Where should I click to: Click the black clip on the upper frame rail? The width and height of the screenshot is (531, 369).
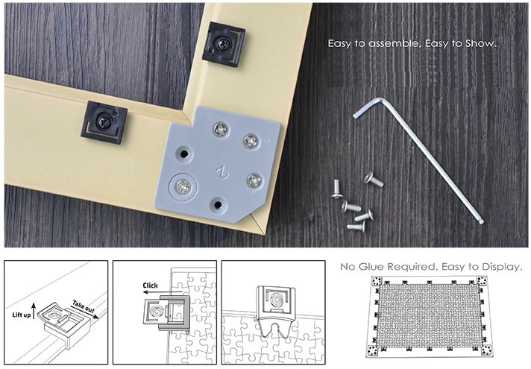223,44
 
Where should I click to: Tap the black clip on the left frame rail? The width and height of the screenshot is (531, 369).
104,120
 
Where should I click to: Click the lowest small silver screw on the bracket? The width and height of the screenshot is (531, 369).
254,180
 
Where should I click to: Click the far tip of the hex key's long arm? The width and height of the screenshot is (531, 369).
481,221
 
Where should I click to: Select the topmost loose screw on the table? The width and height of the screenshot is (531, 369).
372,179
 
